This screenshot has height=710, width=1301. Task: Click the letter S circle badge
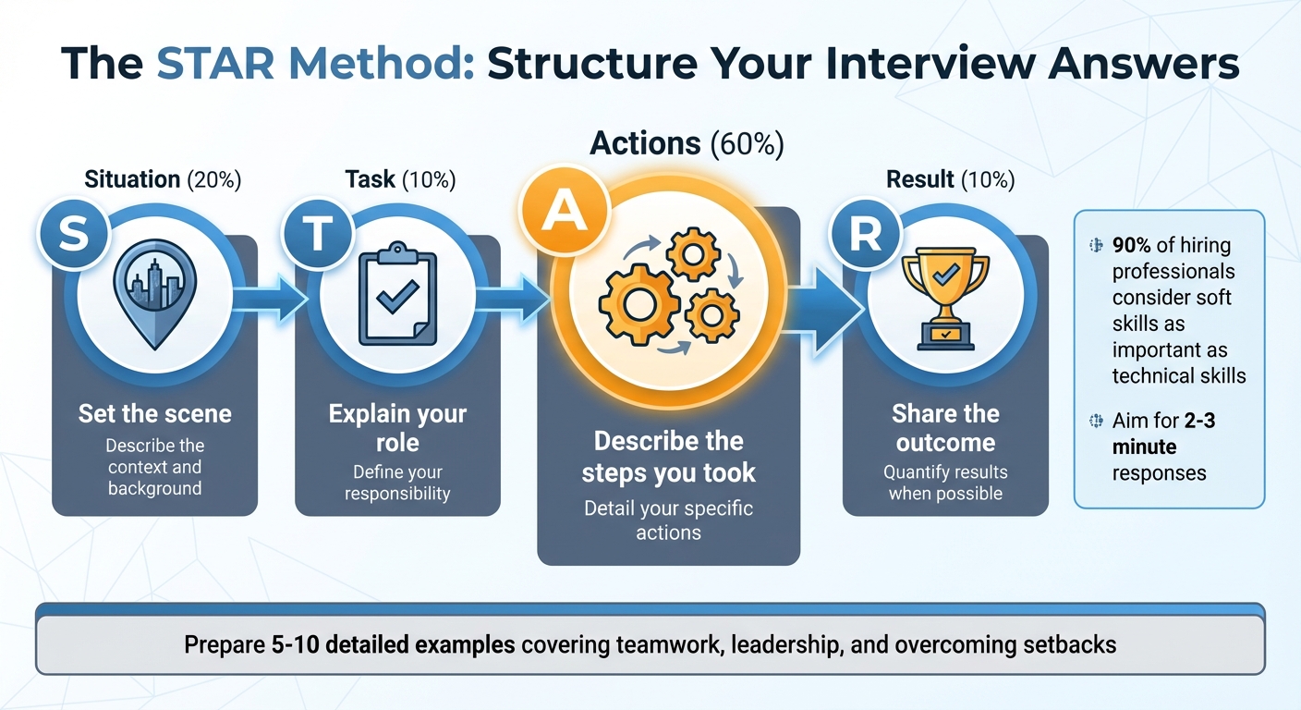pos(74,235)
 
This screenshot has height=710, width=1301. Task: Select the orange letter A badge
pos(558,213)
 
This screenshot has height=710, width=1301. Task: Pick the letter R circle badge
pos(865,235)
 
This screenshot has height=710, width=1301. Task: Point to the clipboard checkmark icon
pos(397,295)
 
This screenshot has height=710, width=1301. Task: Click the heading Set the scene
pos(154,413)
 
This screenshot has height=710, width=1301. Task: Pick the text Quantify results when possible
pos(945,483)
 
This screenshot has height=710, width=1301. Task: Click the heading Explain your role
pos(397,428)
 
